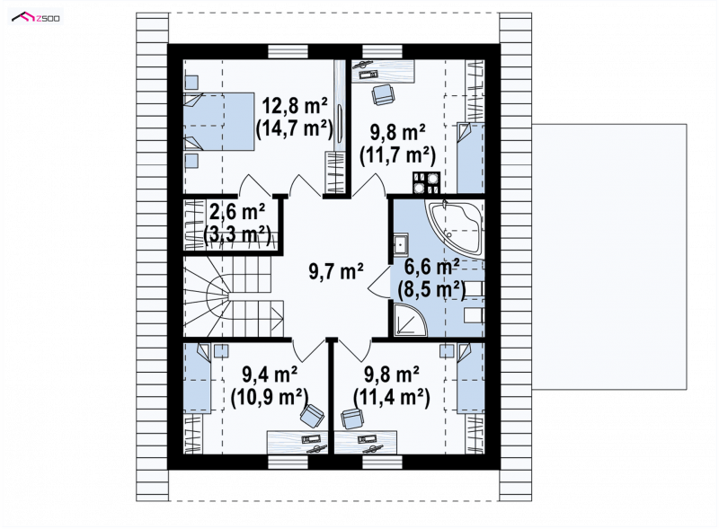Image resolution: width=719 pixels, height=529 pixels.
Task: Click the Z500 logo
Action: pos(36,18)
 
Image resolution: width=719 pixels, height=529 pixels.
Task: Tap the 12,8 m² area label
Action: pos(295,106)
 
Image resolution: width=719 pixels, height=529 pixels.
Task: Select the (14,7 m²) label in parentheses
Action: pos(295,128)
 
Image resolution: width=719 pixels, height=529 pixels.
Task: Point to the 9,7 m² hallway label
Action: pos(336,271)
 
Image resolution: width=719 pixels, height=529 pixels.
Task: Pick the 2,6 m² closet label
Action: pos(237,212)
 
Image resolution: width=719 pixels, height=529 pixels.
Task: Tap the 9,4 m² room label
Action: pos(270,375)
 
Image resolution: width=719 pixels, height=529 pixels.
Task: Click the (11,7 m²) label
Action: pos(397,155)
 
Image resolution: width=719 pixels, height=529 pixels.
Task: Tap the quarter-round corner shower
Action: pos(409,319)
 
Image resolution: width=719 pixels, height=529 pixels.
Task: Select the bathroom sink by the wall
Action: pos(400,244)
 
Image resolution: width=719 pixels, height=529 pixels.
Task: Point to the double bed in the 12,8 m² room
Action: pos(218,121)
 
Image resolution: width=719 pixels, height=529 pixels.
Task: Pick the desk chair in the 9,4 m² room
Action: pos(312,416)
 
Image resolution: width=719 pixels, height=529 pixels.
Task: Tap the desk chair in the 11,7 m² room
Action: pos(383,95)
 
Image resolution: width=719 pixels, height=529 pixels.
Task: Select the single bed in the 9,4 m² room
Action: pos(197,379)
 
